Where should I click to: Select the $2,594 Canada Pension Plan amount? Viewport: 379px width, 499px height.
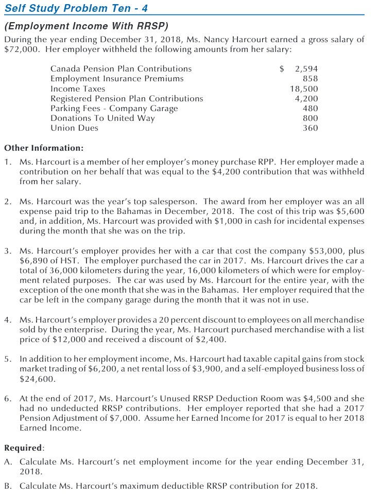(299, 69)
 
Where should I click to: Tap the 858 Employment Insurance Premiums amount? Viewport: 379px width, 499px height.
(310, 79)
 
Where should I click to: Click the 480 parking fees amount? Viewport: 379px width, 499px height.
(310, 109)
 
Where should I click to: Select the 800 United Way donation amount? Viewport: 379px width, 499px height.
(310, 118)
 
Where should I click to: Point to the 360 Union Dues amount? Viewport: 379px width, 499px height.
(310, 128)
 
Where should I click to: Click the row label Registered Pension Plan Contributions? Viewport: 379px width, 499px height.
(127, 99)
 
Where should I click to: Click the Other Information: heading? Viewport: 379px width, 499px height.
(44, 148)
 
